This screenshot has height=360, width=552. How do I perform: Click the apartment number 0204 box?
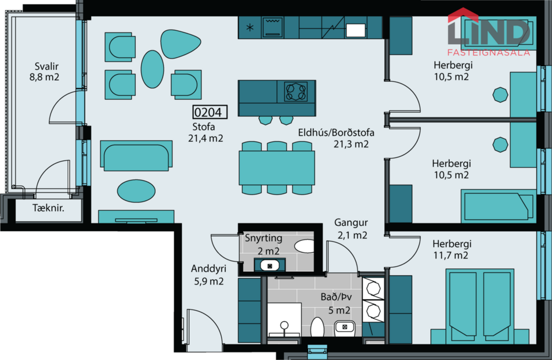coord(210,112)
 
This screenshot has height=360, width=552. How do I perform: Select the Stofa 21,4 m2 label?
coord(205,132)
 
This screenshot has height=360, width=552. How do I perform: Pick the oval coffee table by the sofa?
coord(136,190)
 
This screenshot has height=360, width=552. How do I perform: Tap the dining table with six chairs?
coord(277,167)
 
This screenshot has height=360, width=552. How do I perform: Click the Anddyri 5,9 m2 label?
coord(208,275)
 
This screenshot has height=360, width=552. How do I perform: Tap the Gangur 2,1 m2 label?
coord(351,229)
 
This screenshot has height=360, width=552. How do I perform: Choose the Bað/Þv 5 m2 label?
coord(335,303)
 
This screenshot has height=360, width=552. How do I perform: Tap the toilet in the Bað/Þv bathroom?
coord(317,327)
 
